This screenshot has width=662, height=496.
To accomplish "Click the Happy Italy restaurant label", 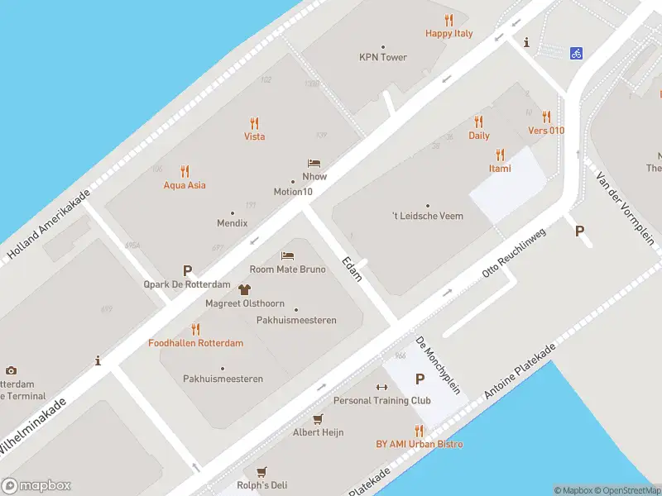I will click(x=449, y=34).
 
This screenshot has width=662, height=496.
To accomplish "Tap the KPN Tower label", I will click(x=383, y=58).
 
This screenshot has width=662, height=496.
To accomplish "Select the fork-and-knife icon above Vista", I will click(x=255, y=122).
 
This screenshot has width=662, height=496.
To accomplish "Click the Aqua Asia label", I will click(x=185, y=185).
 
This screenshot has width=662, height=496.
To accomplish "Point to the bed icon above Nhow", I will click(x=314, y=164).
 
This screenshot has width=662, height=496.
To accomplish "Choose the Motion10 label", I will click(x=293, y=193).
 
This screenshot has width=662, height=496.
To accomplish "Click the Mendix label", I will click(x=233, y=223).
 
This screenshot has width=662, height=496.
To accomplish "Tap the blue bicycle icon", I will click(x=576, y=53).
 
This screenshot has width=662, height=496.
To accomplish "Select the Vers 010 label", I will click(x=546, y=131).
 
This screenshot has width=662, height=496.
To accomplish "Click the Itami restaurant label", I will click(x=499, y=169).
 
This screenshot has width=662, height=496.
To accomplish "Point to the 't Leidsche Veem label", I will click(x=428, y=217).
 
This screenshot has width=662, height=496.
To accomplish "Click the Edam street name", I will click(x=353, y=269).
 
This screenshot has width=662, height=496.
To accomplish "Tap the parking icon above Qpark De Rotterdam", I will click(x=188, y=270).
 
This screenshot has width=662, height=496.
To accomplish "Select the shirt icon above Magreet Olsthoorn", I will click(x=244, y=289).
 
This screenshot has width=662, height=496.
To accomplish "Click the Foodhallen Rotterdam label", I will click(x=196, y=343).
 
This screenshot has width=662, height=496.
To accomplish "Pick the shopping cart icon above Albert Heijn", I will click(x=318, y=419).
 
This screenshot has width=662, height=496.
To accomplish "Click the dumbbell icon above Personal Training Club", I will click(x=381, y=387).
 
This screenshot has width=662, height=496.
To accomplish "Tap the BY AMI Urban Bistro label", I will click(x=420, y=444).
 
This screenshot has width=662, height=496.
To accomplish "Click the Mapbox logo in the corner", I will click(x=36, y=485).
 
